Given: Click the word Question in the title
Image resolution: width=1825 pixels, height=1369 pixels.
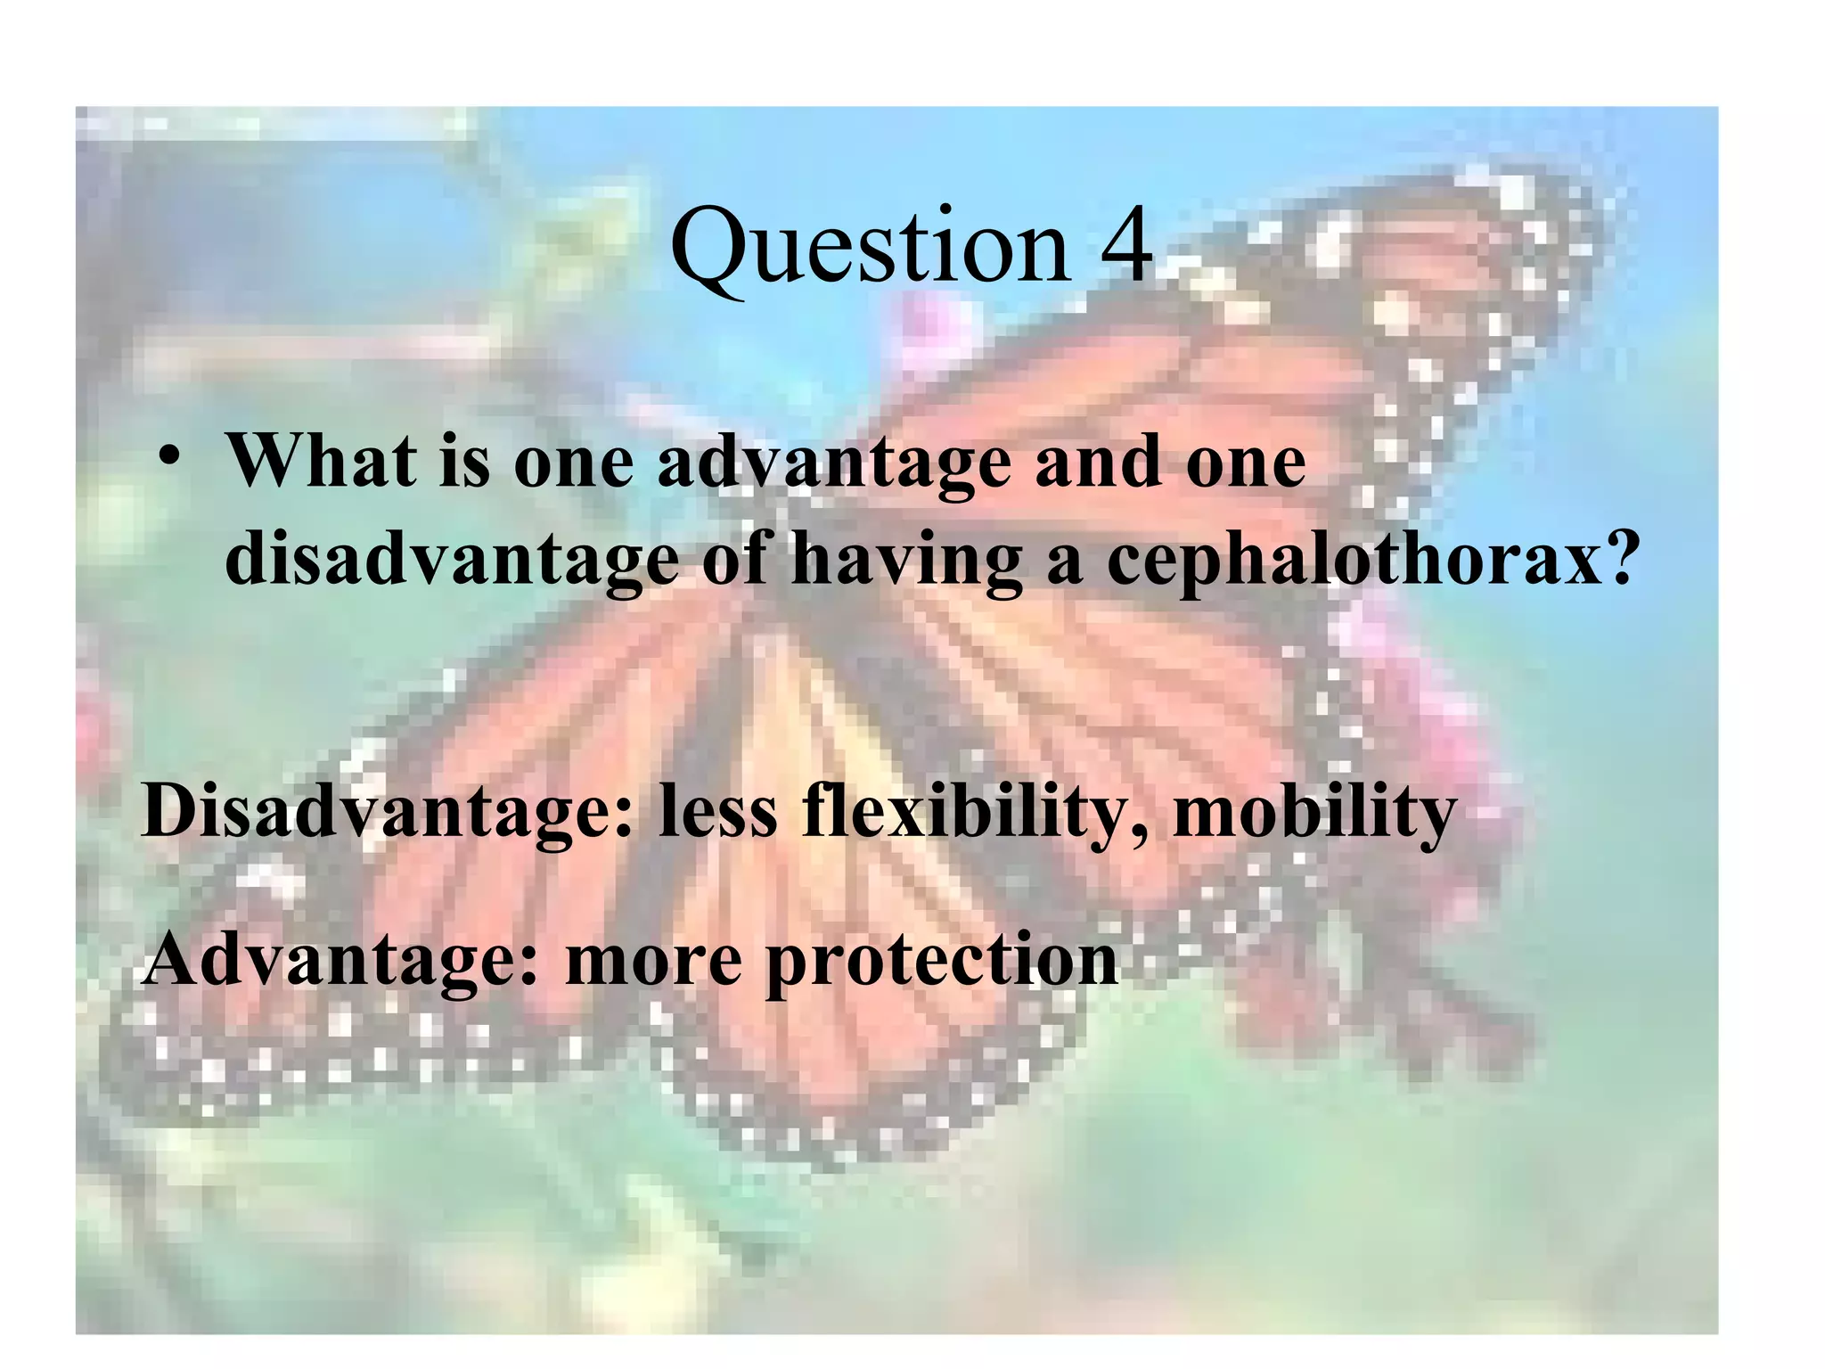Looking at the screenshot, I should point(869,245).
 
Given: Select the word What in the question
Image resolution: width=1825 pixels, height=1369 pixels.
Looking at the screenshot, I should point(321,461).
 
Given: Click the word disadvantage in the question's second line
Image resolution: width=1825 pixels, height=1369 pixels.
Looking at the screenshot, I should point(452,562).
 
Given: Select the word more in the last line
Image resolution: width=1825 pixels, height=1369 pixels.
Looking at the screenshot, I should point(653,963).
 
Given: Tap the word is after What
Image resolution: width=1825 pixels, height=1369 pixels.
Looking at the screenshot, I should point(463,462).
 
